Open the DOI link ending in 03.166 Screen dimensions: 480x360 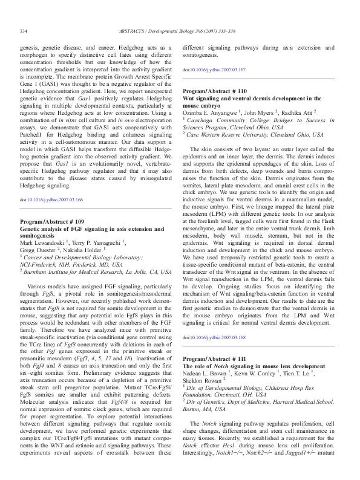click(x=51, y=199)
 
